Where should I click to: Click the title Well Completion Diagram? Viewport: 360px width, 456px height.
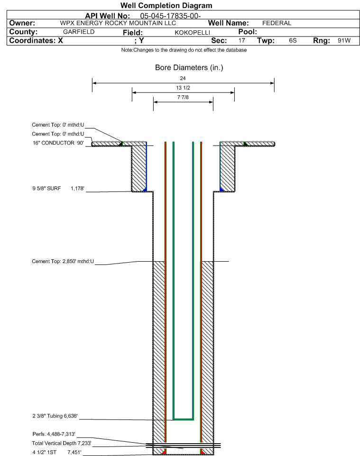pos(166,6)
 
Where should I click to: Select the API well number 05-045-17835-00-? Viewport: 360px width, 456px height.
pos(170,16)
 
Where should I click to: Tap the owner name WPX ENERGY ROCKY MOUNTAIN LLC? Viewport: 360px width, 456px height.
pos(118,23)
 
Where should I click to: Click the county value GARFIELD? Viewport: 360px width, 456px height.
pos(79,32)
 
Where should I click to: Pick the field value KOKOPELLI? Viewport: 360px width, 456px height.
pos(193,32)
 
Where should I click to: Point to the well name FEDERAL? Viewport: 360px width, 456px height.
pos(277,23)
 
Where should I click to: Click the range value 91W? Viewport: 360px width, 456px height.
pos(344,40)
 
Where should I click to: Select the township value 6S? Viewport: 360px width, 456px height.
pos(293,40)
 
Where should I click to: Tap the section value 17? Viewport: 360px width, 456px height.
pos(241,40)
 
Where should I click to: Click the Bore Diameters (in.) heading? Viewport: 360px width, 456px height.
pos(189,68)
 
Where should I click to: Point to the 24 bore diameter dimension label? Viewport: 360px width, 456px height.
pos(183,78)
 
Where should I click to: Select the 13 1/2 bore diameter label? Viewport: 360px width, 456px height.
pos(183,88)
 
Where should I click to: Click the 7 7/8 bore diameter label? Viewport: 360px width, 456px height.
pos(183,98)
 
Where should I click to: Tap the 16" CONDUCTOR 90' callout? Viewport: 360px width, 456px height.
pos(58,143)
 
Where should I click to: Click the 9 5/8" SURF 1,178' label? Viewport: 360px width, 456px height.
pos(58,189)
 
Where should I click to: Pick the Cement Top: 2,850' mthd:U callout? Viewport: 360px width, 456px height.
pos(63,262)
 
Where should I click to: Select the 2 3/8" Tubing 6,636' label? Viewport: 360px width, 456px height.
pos(55,416)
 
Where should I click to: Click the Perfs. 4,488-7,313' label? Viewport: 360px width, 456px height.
pos(54,434)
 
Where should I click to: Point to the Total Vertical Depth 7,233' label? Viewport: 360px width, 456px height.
pos(62,443)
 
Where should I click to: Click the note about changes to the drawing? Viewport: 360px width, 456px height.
pos(184,50)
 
